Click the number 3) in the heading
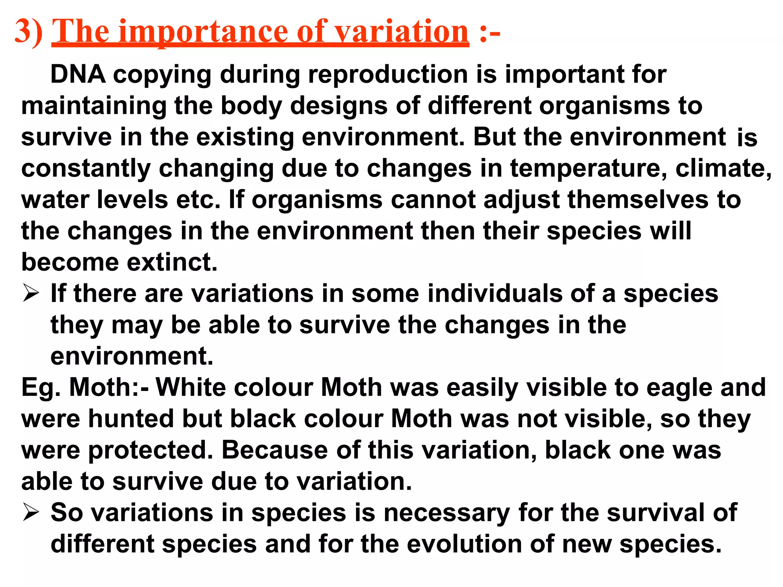(29, 32)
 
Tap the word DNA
(78, 74)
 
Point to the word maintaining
(94, 106)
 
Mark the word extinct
(172, 263)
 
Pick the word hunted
(131, 419)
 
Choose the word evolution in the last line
(464, 544)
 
